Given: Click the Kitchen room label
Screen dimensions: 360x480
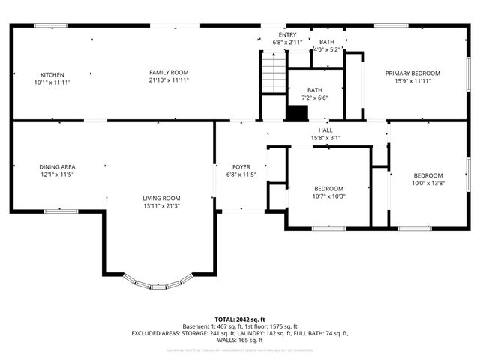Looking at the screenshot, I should click(x=52, y=75).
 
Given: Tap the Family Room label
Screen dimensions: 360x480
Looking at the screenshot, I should click(x=168, y=73).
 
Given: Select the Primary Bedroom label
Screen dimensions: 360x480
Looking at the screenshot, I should click(x=412, y=73).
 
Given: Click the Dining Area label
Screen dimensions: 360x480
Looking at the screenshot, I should click(x=57, y=167).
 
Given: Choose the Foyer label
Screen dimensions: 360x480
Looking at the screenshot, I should click(x=241, y=167).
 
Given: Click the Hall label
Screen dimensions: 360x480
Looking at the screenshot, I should click(x=325, y=130).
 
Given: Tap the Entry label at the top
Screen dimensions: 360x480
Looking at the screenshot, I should click(x=287, y=35).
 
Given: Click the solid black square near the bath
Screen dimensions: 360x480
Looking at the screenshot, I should click(x=298, y=113).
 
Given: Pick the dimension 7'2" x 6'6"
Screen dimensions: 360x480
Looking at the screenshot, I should click(x=315, y=97).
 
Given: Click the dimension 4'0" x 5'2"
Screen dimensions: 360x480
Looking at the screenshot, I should click(x=327, y=49).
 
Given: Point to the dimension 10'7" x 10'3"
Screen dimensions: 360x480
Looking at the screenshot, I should click(x=328, y=196).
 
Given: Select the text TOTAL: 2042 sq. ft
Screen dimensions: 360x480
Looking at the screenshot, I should click(x=240, y=319).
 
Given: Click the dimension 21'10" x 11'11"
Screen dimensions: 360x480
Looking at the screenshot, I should click(x=168, y=80).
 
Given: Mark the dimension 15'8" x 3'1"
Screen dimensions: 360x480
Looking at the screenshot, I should click(x=325, y=138).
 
